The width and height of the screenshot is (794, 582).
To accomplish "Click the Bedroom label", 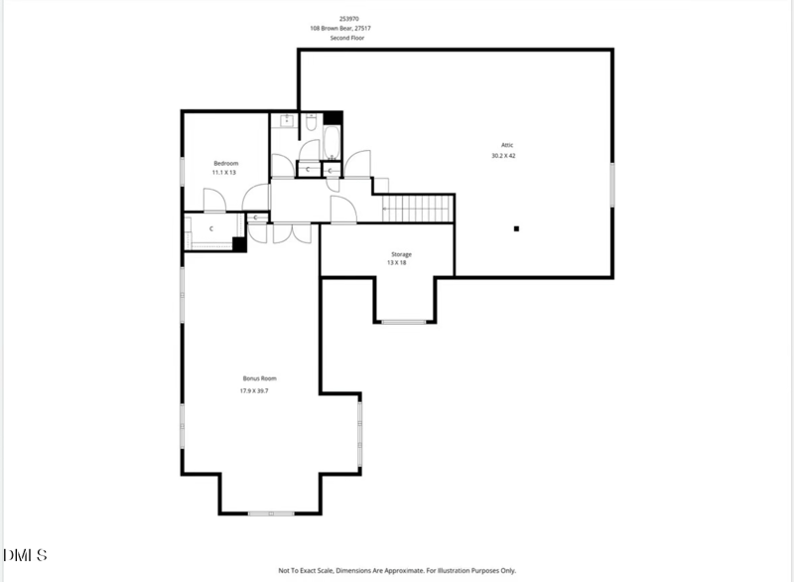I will pos(225,163).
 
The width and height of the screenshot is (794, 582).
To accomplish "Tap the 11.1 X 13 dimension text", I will pos(225,173).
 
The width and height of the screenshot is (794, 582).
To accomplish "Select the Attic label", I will pos(506,145).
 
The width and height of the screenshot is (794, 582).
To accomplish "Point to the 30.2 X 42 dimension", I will pos(503,156).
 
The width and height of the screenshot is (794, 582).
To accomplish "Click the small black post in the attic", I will pos(516,228).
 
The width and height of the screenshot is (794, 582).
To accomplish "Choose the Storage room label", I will pos(400,254).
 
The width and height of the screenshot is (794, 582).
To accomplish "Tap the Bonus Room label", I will pos(259,378).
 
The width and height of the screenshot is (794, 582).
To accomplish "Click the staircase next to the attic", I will pos(418,209).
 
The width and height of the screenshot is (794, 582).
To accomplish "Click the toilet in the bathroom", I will pos(310,126).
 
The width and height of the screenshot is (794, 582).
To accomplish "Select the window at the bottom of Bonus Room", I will pos(268,512).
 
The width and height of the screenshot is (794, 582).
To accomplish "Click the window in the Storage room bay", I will pos(404,322).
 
